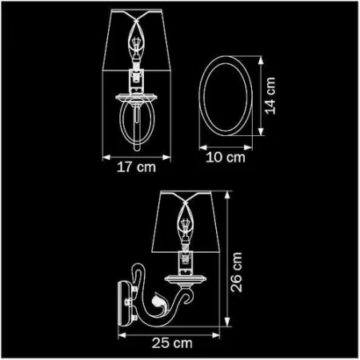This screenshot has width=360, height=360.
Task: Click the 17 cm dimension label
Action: (x=134, y=168)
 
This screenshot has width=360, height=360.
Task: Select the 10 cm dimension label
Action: (x=225, y=158)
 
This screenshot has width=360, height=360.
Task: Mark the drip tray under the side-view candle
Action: (x=186, y=277)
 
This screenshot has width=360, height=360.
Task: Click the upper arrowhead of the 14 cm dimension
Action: (x=260, y=58)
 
